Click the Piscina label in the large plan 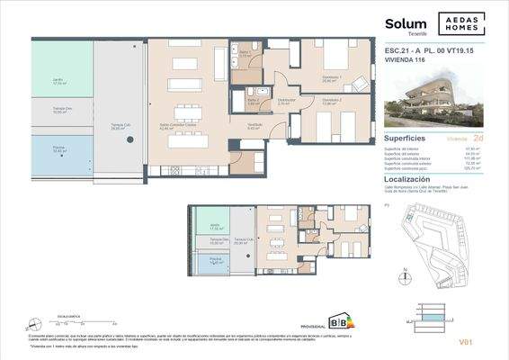coord(58,149)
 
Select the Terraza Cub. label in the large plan coord(120,126)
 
